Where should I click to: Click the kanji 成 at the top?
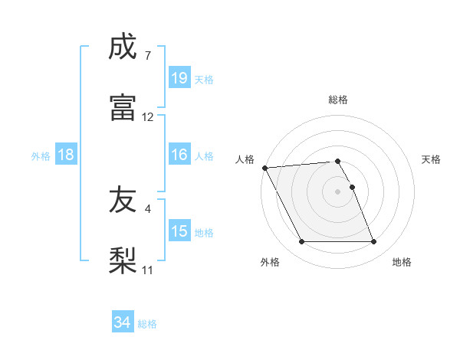(x=123, y=47)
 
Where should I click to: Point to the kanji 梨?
(x=123, y=260)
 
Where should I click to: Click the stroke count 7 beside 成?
(x=147, y=56)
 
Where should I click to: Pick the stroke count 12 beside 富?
(x=148, y=117)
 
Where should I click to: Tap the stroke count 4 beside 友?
(x=147, y=208)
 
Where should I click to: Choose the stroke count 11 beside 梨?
(x=148, y=270)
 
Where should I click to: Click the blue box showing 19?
(x=179, y=78)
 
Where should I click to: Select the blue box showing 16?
(x=179, y=155)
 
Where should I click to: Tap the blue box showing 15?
(x=179, y=231)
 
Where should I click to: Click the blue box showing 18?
(x=66, y=155)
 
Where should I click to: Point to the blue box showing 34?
(x=122, y=323)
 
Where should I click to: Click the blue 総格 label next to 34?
(x=147, y=324)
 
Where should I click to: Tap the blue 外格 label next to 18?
(x=41, y=155)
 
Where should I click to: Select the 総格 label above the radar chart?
(x=338, y=100)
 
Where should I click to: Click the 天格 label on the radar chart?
(x=432, y=159)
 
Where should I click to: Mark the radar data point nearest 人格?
(x=264, y=168)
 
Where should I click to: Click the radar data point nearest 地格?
(x=374, y=242)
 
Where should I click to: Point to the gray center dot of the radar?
(x=338, y=191)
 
